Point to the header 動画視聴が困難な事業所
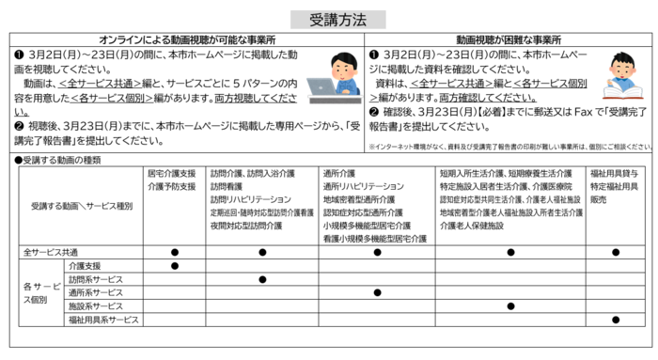509,39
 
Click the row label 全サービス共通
51,252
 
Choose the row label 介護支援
85,266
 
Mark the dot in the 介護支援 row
175,266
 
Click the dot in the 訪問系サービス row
262,279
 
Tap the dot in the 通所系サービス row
377,293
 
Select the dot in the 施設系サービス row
510,306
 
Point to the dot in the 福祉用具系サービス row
616,321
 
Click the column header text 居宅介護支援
172,174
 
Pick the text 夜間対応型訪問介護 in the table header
246,227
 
